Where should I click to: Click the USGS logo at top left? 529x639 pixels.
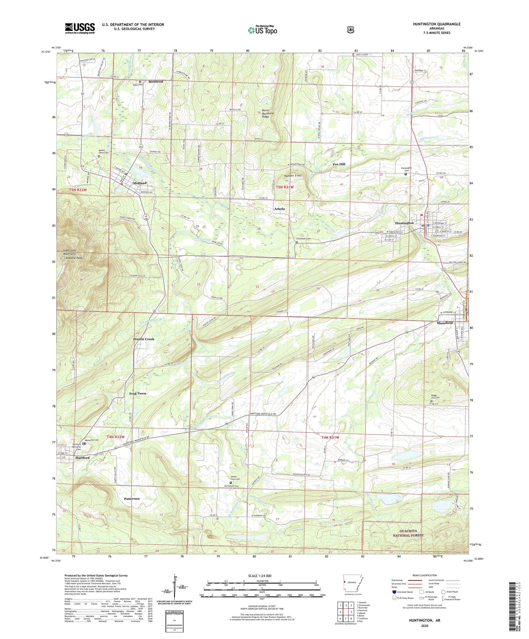coord(80,28)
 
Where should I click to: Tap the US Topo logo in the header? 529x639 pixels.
coord(262,30)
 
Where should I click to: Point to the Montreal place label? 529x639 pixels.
coord(156,82)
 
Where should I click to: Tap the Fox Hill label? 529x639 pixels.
coord(339,164)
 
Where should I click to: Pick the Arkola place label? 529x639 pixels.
coord(279,209)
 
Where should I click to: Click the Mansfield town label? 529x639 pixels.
coord(444,323)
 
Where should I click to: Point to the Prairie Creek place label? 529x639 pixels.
coord(144,339)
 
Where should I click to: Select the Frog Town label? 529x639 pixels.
coord(137,393)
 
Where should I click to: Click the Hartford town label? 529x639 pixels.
coord(82,458)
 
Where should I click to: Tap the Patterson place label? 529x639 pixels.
coord(131,498)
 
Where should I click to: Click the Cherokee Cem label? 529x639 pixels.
coord(303,239)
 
